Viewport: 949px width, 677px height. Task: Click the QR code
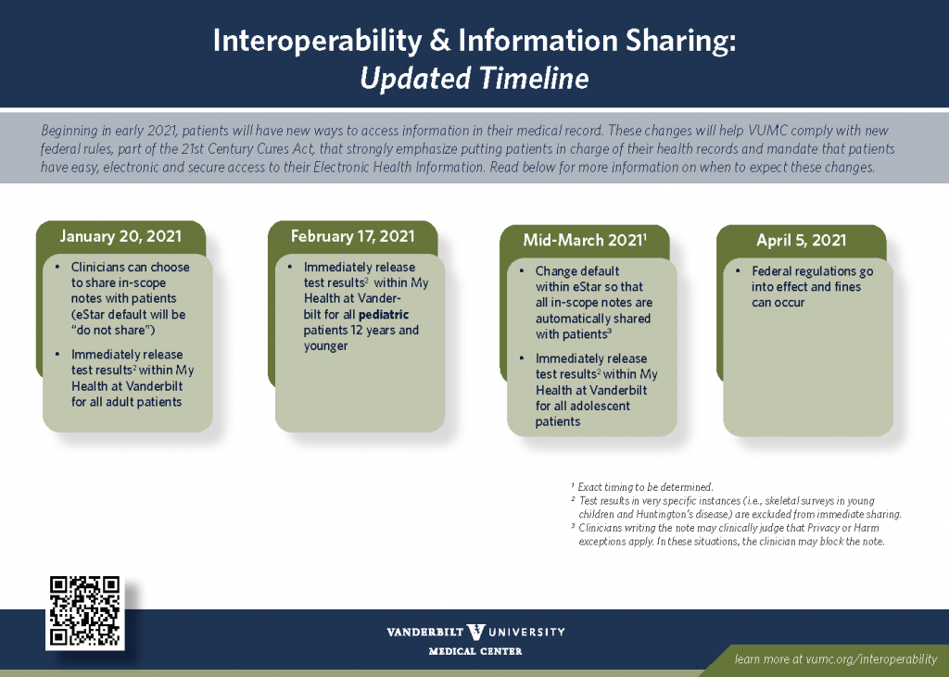pyautogui.click(x=84, y=611)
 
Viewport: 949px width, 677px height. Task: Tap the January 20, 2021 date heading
pyautogui.click(x=120, y=236)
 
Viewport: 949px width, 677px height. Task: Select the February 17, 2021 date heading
pyautogui.click(x=353, y=236)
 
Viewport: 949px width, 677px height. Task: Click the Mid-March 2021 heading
pyautogui.click(x=585, y=240)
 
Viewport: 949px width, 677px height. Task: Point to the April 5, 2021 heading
pyautogui.click(x=802, y=240)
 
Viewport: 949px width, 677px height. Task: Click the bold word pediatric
pyautogui.click(x=384, y=315)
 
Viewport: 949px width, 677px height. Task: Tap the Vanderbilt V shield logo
pyautogui.click(x=476, y=633)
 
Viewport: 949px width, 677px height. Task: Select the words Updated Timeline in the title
pyautogui.click(x=474, y=79)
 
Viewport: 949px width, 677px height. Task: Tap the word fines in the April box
pyautogui.click(x=847, y=287)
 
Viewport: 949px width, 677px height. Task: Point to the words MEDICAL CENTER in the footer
pyautogui.click(x=475, y=652)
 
